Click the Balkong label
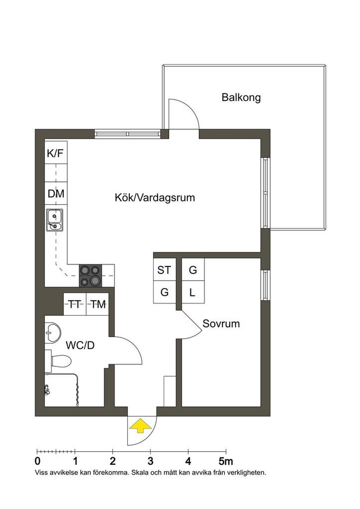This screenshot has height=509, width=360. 241,97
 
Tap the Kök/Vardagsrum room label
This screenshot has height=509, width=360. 155,198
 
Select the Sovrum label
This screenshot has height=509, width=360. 221,324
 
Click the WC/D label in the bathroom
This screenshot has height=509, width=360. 80,345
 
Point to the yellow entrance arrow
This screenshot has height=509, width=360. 140,426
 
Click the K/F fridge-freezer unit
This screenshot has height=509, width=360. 56,152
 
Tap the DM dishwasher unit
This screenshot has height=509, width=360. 56,193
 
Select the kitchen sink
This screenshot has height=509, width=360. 54,220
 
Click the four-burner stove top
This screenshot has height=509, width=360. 90,275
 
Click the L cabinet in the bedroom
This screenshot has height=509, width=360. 193,292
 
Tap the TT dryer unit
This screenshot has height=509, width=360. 75,304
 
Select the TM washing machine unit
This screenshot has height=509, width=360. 97,304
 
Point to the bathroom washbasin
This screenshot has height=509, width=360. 53,333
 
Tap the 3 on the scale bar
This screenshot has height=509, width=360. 150,462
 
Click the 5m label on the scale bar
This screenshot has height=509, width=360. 226,462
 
